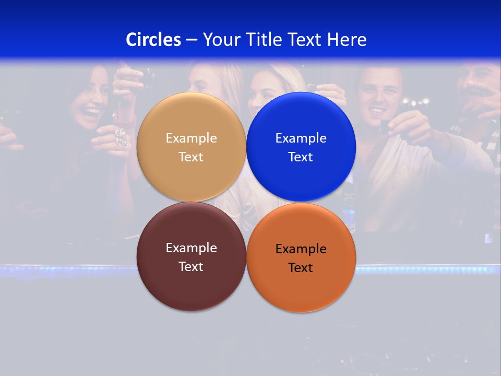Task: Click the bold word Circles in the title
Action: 153,39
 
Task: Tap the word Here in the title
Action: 347,39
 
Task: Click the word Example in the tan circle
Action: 191,138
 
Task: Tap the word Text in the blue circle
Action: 301,157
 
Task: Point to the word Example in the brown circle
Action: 191,248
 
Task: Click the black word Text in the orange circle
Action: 301,268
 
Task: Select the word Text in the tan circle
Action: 191,157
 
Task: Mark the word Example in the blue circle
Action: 301,138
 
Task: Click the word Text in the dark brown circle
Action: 191,267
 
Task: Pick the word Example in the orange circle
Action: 301,249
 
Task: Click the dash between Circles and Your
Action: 192,40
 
